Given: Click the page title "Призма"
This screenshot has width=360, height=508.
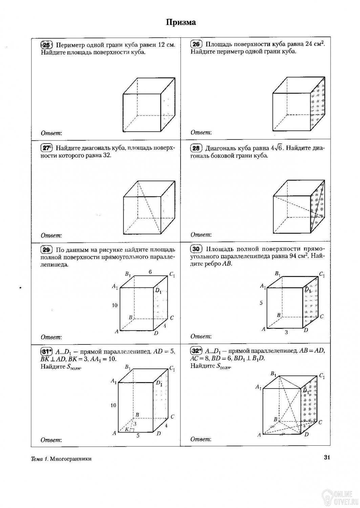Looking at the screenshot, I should [181, 23].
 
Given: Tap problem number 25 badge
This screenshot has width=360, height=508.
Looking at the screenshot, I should [47, 45].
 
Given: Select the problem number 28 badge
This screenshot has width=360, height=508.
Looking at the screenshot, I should [196, 148].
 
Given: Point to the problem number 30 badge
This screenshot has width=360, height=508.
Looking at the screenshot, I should [196, 249].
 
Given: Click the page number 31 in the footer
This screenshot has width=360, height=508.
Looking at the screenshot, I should [326, 458].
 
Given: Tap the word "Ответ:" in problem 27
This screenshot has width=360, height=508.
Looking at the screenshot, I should [51, 235].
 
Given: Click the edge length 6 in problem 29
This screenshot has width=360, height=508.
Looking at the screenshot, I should [150, 272].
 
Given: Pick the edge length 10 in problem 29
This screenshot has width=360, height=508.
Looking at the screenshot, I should [115, 305].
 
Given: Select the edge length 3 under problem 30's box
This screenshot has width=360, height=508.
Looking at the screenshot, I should [286, 332].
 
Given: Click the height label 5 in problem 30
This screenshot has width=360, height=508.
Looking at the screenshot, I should [261, 303].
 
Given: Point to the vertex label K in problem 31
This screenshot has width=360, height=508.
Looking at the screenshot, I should [127, 429].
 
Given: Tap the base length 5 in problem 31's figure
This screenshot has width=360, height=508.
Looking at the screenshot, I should [138, 436].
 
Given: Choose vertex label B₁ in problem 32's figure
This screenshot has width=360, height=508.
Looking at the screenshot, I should [273, 374].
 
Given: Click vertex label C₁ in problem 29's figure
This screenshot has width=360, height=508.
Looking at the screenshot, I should [172, 275].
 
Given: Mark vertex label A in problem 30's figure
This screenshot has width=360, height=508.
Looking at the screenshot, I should [263, 329].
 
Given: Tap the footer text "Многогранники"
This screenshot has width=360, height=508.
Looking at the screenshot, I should [70, 459].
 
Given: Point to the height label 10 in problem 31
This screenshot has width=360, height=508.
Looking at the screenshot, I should [113, 405].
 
